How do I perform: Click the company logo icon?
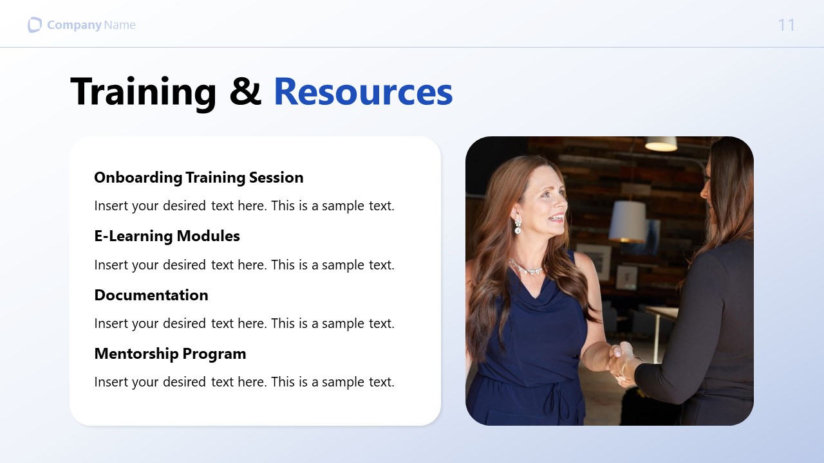click(35, 25)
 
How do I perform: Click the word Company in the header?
click(74, 25)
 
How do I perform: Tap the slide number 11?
click(786, 25)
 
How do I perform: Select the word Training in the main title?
click(143, 91)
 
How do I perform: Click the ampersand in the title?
click(245, 91)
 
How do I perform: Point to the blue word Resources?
click(363, 91)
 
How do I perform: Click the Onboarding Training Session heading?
click(198, 177)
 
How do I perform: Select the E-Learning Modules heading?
click(167, 236)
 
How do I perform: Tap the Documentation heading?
click(151, 295)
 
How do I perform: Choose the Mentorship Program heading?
click(170, 354)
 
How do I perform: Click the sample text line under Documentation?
click(244, 323)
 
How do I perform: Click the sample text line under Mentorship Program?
click(244, 382)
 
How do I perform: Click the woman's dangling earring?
click(518, 226)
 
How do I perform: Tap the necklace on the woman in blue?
click(527, 268)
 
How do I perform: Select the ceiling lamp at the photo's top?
click(661, 144)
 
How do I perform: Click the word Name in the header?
click(120, 25)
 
